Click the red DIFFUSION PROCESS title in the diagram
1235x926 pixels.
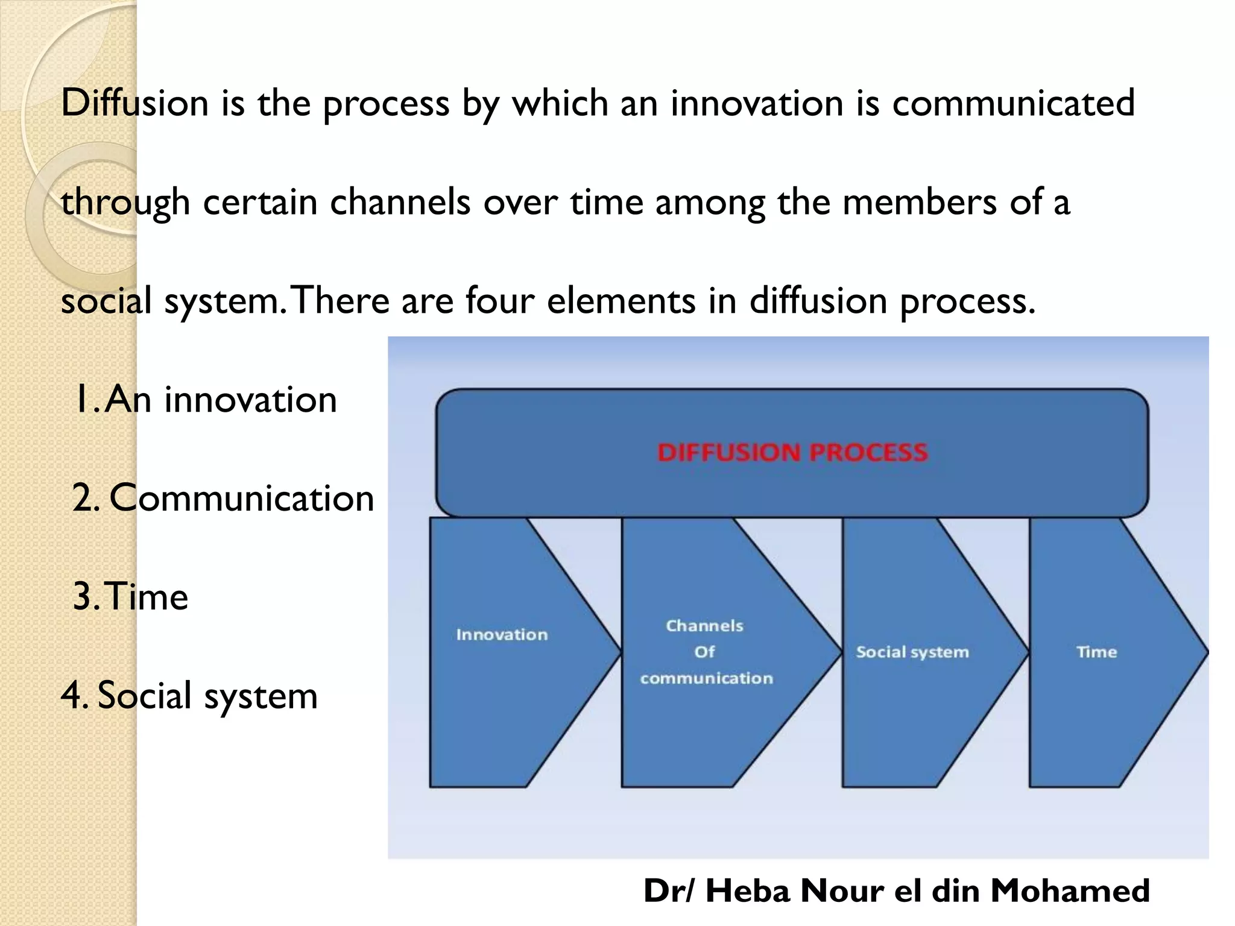pyautogui.click(x=792, y=452)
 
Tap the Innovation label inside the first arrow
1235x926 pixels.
pyautogui.click(x=502, y=634)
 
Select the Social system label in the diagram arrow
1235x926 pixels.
pyautogui.click(x=912, y=652)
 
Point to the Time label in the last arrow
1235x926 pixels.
pyautogui.click(x=1096, y=652)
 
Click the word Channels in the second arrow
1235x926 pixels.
pyautogui.click(x=704, y=626)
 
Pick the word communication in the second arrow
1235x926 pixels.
pyautogui.click(x=706, y=678)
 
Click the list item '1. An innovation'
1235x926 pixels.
pyautogui.click(x=205, y=399)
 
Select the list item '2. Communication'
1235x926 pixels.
pyautogui.click(x=223, y=498)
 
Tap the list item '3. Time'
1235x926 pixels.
pyautogui.click(x=130, y=596)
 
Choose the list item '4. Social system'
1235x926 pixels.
pyautogui.click(x=189, y=695)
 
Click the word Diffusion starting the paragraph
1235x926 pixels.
pyautogui.click(x=134, y=102)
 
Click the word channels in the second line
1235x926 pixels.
pyautogui.click(x=400, y=201)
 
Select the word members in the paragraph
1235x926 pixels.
pyautogui.click(x=920, y=201)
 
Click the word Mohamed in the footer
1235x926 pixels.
pyautogui.click(x=1070, y=890)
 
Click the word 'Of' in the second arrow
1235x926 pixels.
pyautogui.click(x=704, y=652)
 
